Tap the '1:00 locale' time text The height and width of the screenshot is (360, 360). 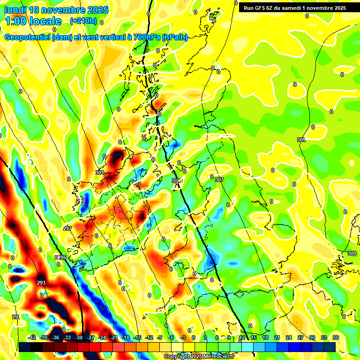pos(34,21)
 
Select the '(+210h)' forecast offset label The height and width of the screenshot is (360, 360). pos(83,21)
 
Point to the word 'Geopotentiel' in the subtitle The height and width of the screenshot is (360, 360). pos(28,37)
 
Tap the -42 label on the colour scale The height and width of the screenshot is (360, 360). pos(32,337)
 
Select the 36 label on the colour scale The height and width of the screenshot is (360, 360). pos(335,337)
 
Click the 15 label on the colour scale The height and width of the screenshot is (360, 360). pos(254,337)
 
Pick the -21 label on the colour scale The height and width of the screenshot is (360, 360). pos(113,337)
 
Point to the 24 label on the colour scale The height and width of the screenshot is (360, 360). pos(288,337)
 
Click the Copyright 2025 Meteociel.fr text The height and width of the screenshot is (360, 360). pos(199,356)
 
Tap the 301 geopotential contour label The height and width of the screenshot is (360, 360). pos(99,172)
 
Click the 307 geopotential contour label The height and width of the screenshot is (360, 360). pos(219,180)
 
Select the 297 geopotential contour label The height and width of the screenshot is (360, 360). pos(67,228)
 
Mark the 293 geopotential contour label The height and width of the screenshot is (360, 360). pos(41,283)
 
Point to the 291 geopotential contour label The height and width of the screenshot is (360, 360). pos(16,317)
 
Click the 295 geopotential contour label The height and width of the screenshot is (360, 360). pos(62,258)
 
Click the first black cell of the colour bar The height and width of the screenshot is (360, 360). pos(25,347)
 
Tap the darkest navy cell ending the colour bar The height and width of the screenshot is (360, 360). pos(329,347)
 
